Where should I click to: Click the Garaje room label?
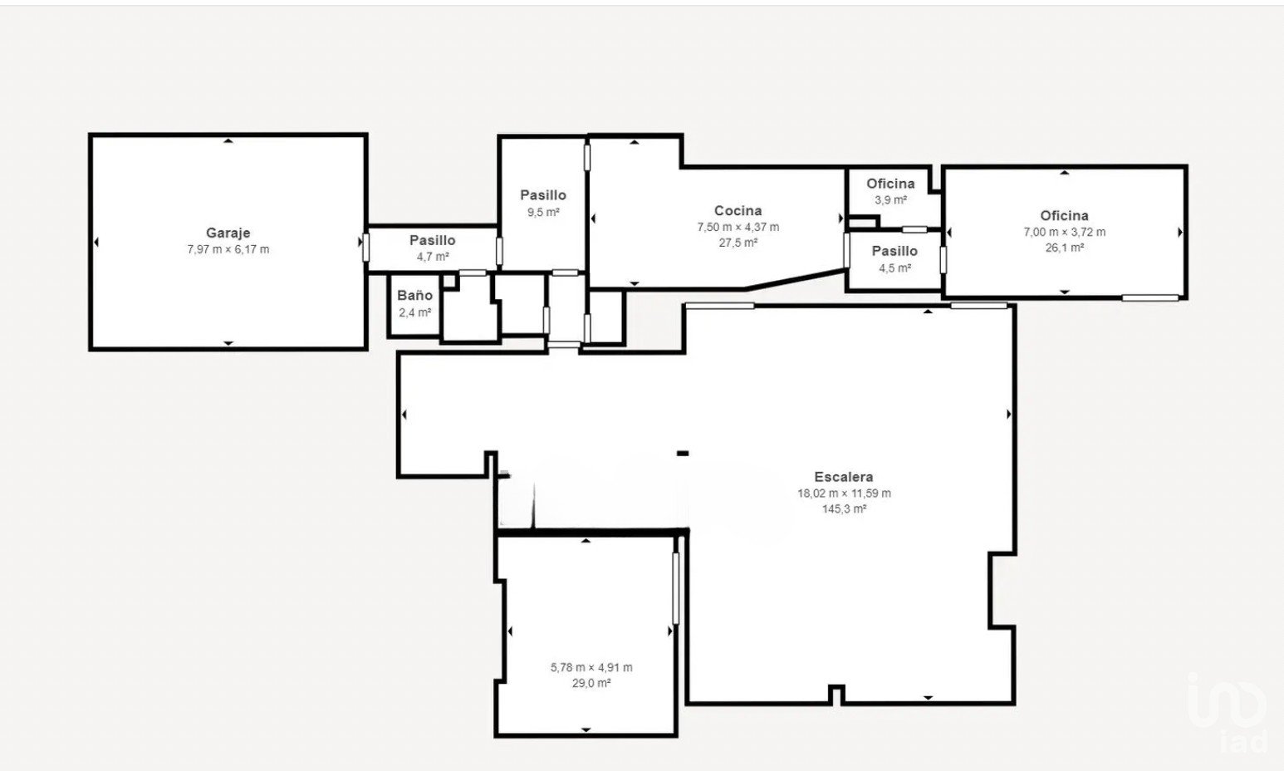(x=228, y=233)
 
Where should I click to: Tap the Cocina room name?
(x=738, y=210)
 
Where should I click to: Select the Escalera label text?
(x=844, y=476)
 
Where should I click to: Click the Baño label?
(x=414, y=295)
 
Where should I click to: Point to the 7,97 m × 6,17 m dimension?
(x=228, y=249)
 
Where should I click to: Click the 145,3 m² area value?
(x=844, y=508)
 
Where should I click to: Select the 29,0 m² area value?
(x=591, y=683)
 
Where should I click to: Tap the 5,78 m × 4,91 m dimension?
(x=591, y=667)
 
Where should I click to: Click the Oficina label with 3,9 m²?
(x=890, y=184)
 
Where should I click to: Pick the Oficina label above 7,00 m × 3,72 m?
(x=1065, y=215)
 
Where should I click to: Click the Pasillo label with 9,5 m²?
(x=543, y=195)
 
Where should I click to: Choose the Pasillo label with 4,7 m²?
(x=432, y=240)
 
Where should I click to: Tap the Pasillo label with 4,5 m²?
(x=894, y=251)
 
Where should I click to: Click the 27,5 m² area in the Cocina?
(x=738, y=243)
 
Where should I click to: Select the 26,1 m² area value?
(x=1065, y=248)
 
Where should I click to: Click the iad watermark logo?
(x=1227, y=714)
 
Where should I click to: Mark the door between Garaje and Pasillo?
(x=365, y=247)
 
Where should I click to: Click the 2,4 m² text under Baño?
(x=414, y=312)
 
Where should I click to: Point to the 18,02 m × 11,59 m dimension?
(x=844, y=493)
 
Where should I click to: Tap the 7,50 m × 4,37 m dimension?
(x=738, y=227)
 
